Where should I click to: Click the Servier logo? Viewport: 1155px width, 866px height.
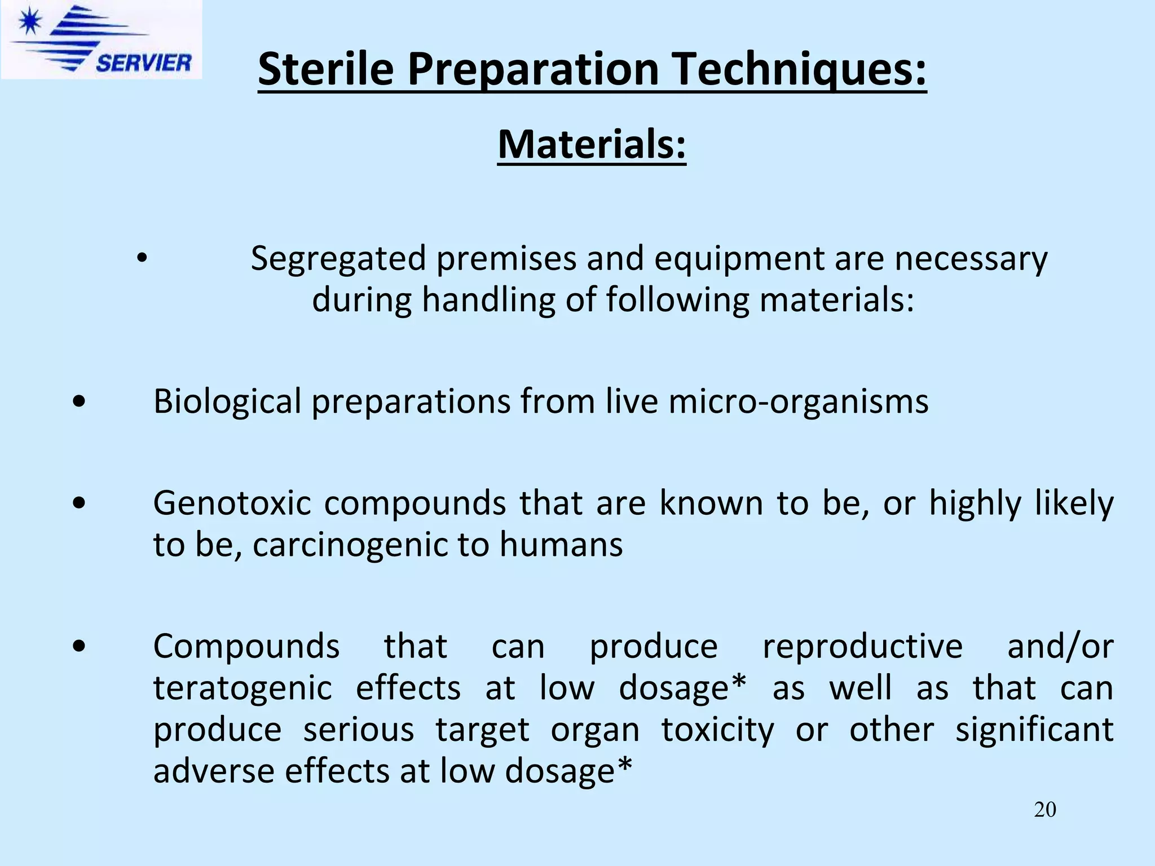point(102,39)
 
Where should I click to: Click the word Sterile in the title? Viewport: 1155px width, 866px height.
point(325,69)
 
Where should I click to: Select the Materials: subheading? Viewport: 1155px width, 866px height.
point(592,144)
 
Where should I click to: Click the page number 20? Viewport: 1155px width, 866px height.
point(1044,810)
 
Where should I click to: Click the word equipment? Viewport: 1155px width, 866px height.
point(734,259)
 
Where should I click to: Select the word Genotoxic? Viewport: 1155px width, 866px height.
point(232,503)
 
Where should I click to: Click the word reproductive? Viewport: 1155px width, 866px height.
point(862,646)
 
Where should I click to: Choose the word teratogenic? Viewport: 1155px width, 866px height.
point(243,688)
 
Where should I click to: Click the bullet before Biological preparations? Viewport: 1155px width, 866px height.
point(80,402)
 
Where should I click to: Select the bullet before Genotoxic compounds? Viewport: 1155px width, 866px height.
point(80,503)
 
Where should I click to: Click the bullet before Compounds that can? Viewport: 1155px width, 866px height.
point(80,647)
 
